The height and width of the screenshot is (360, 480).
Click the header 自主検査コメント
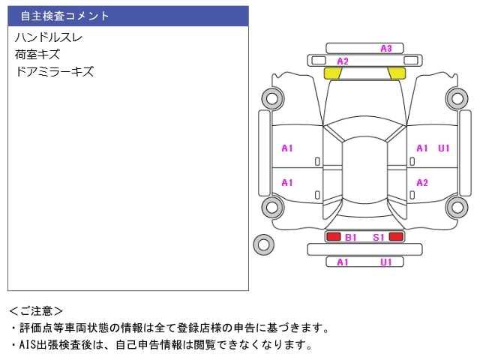65,16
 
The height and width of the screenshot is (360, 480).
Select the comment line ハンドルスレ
49,37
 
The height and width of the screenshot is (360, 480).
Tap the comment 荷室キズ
37,55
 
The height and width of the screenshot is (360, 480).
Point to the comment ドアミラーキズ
54,73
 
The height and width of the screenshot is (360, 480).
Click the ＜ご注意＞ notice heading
36,310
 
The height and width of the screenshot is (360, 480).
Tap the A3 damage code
385,49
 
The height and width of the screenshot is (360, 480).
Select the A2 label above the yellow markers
343,61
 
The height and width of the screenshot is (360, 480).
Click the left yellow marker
332,73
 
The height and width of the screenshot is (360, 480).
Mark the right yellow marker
397,73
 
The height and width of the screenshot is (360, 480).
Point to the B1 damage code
350,238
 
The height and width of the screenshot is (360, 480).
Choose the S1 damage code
379,238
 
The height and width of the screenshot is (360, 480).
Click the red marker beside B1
333,237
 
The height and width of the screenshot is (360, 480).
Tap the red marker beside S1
396,237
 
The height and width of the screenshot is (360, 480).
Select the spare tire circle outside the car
263,243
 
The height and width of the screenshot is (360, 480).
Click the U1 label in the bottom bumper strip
386,262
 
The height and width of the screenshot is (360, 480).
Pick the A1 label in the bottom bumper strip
343,262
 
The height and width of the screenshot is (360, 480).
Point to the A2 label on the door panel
422,183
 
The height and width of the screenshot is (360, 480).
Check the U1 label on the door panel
444,148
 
